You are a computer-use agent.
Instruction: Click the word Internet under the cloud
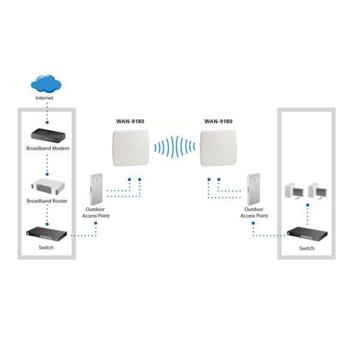tap(45, 97)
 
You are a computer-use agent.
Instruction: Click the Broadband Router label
tap(46, 201)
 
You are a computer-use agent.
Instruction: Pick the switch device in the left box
tap(45, 235)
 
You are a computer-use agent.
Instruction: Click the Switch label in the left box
tap(45, 247)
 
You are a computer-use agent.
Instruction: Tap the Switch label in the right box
tap(306, 248)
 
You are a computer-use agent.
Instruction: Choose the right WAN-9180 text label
tap(218, 121)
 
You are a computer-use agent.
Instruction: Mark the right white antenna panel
tap(220, 148)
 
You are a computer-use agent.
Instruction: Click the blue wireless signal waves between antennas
tap(175, 147)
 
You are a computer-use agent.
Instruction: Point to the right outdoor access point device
tap(253, 188)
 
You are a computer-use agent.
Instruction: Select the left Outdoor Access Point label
tap(95, 212)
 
